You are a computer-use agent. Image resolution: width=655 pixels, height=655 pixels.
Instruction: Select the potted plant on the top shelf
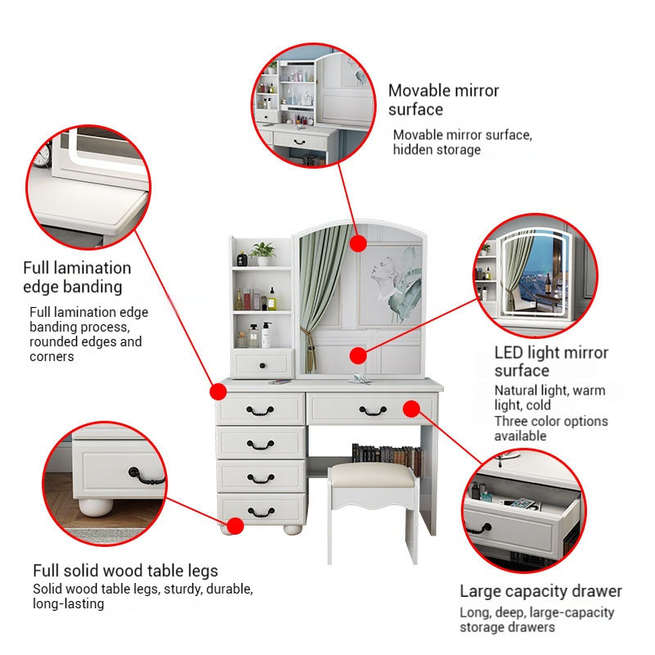(x=264, y=254)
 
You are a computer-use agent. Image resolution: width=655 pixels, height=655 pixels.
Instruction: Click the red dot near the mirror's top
(x=358, y=243)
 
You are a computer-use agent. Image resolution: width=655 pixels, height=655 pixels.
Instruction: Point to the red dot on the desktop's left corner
(x=219, y=391)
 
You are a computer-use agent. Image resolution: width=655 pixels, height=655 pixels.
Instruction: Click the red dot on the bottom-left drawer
(x=235, y=525)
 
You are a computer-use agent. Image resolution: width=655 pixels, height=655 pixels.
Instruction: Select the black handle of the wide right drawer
(x=373, y=409)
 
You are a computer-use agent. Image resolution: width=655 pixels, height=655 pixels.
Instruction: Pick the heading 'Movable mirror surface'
(x=443, y=100)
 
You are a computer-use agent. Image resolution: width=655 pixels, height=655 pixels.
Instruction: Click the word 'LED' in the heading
(x=511, y=353)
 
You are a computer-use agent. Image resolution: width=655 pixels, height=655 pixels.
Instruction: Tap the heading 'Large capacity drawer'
(x=540, y=591)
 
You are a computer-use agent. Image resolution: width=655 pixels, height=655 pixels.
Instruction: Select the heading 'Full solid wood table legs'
(x=125, y=571)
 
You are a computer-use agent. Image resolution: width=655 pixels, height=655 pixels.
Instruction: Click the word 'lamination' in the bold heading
(x=79, y=268)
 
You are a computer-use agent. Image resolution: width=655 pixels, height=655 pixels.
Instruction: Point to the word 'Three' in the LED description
(x=512, y=421)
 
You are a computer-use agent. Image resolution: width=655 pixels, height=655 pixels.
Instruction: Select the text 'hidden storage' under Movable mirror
(x=436, y=150)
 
